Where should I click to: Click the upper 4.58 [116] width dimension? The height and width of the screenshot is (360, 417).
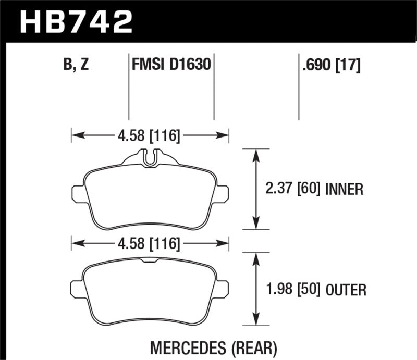[149, 136]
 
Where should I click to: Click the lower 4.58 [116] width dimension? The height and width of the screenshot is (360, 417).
[149, 243]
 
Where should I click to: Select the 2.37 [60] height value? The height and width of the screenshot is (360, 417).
[293, 189]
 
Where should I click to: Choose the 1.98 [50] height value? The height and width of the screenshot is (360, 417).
[293, 289]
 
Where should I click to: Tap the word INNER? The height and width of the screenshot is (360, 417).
[344, 189]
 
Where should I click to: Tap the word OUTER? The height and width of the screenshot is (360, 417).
[345, 289]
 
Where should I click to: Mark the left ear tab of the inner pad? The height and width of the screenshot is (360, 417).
[77, 193]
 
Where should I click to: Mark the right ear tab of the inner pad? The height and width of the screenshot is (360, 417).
[223, 193]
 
